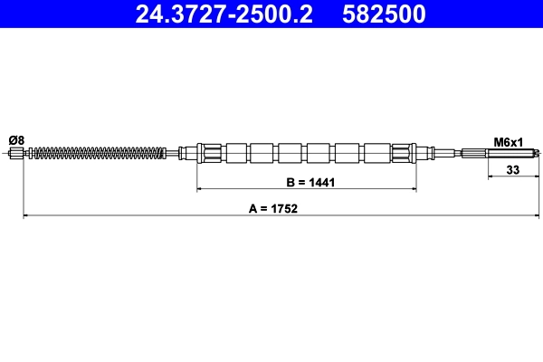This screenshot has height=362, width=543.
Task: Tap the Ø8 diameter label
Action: point(16,140)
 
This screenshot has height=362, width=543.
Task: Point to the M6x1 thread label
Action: point(509,142)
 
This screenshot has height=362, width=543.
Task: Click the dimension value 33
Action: point(512,168)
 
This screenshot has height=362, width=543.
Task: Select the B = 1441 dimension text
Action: point(310,182)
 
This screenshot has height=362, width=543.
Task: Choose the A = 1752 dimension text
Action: point(272,207)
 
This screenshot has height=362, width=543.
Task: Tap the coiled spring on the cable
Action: point(100,153)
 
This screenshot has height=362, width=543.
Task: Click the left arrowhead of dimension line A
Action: point(25,216)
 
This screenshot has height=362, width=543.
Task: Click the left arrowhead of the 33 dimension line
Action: point(491,177)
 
